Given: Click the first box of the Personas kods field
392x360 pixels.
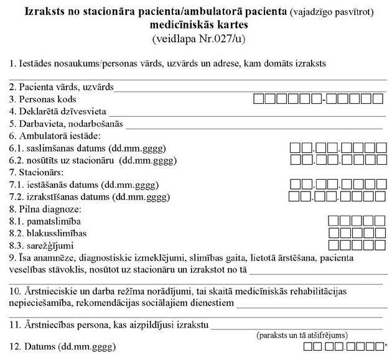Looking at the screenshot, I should click(259, 98).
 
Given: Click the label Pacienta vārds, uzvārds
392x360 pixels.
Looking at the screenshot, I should click(62, 87).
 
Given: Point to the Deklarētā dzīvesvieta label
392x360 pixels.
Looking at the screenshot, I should click(58, 111).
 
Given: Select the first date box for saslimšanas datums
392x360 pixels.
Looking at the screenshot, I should click(296, 147).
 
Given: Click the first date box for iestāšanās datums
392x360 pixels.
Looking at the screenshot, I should click(296, 184).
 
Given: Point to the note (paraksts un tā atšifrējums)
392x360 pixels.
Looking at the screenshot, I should click(302, 335).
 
